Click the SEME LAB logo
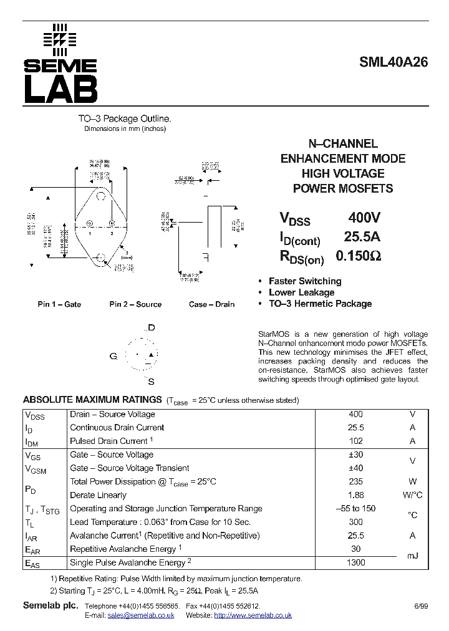pyautogui.click(x=60, y=64)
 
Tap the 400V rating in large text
pyautogui.click(x=364, y=218)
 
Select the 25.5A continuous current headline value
pyautogui.click(x=362, y=237)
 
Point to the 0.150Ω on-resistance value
pyautogui.click(x=359, y=256)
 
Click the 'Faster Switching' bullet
pyautogui.click(x=305, y=281)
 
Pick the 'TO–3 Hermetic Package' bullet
pyautogui.click(x=320, y=304)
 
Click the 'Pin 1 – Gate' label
pyautogui.click(x=59, y=304)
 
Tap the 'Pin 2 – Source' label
pyautogui.click(x=135, y=304)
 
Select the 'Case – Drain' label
pyautogui.click(x=211, y=304)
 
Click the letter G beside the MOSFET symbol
pyautogui.click(x=113, y=356)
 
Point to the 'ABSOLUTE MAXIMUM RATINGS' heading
pyautogui.click(x=92, y=400)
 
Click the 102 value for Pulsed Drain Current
pyautogui.click(x=356, y=441)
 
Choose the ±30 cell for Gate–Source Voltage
pyautogui.click(x=356, y=455)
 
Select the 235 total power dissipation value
pyautogui.click(x=356, y=481)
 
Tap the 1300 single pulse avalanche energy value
pyautogui.click(x=356, y=562)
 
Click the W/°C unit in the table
pyautogui.click(x=412, y=495)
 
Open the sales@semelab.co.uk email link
pyautogui.click(x=140, y=615)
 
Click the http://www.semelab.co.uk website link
pyautogui.click(x=253, y=615)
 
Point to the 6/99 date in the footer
pyautogui.click(x=421, y=606)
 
